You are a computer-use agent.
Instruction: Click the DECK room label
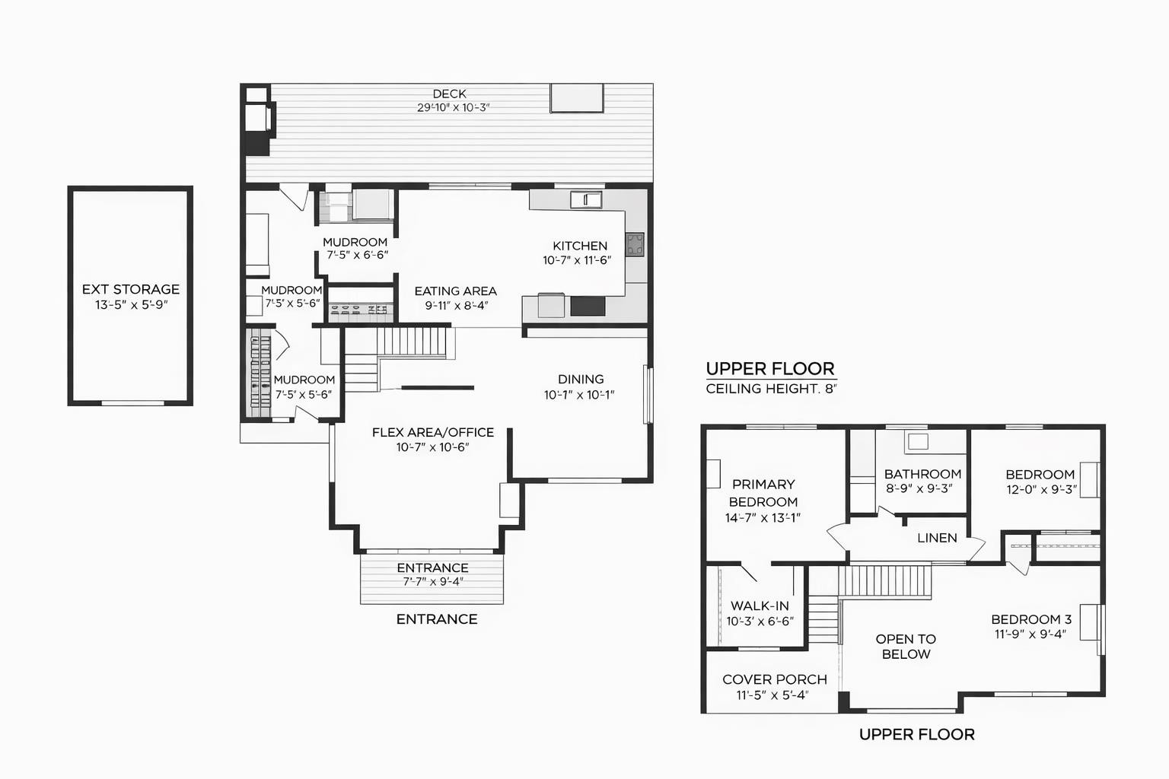click(449, 94)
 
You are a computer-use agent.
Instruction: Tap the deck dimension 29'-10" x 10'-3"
click(453, 108)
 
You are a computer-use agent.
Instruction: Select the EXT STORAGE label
click(131, 289)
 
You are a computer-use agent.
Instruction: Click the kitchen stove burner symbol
click(635, 244)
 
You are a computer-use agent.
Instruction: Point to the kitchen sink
click(586, 200)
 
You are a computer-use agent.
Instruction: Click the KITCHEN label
click(580, 246)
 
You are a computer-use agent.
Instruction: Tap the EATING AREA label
click(456, 291)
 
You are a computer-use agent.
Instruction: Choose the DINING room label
click(581, 380)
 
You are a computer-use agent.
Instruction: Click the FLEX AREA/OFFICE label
click(433, 433)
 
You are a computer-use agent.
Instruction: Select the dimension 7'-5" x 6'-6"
click(358, 255)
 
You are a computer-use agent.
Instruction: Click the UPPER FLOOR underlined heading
click(770, 369)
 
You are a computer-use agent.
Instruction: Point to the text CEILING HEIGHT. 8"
click(771, 389)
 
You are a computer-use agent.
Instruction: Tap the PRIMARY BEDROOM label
click(763, 493)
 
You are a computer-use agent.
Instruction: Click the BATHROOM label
click(922, 474)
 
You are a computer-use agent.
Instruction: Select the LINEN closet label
click(938, 538)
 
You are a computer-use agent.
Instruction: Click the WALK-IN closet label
click(760, 606)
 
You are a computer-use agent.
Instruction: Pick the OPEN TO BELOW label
click(906, 647)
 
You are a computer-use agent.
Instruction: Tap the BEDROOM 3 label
click(1031, 619)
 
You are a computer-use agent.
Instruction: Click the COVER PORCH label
click(775, 679)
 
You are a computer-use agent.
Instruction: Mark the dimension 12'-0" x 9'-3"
click(1042, 490)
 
